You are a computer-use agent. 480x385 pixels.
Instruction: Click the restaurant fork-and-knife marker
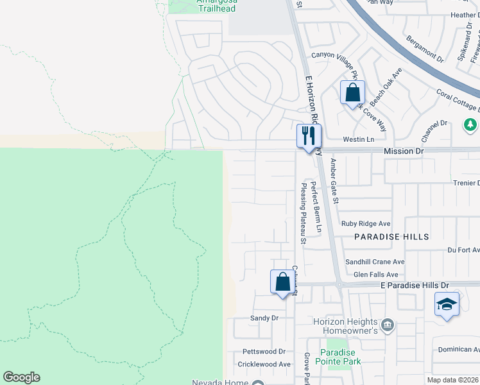[x=309, y=136]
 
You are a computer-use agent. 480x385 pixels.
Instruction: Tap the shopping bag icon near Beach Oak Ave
[x=352, y=92]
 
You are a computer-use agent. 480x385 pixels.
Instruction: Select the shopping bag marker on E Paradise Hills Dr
[x=282, y=282]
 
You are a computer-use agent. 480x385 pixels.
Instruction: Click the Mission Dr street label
[x=404, y=151]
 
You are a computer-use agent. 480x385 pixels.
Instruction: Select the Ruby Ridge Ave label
[x=366, y=224]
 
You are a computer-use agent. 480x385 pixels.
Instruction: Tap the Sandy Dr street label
[x=264, y=318]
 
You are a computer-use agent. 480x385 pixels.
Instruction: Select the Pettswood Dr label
[x=264, y=352]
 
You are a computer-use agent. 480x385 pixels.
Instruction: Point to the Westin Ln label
[x=358, y=139]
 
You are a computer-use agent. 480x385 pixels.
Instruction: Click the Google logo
[x=22, y=377]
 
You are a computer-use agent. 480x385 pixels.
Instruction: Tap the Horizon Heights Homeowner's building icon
[x=387, y=325]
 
